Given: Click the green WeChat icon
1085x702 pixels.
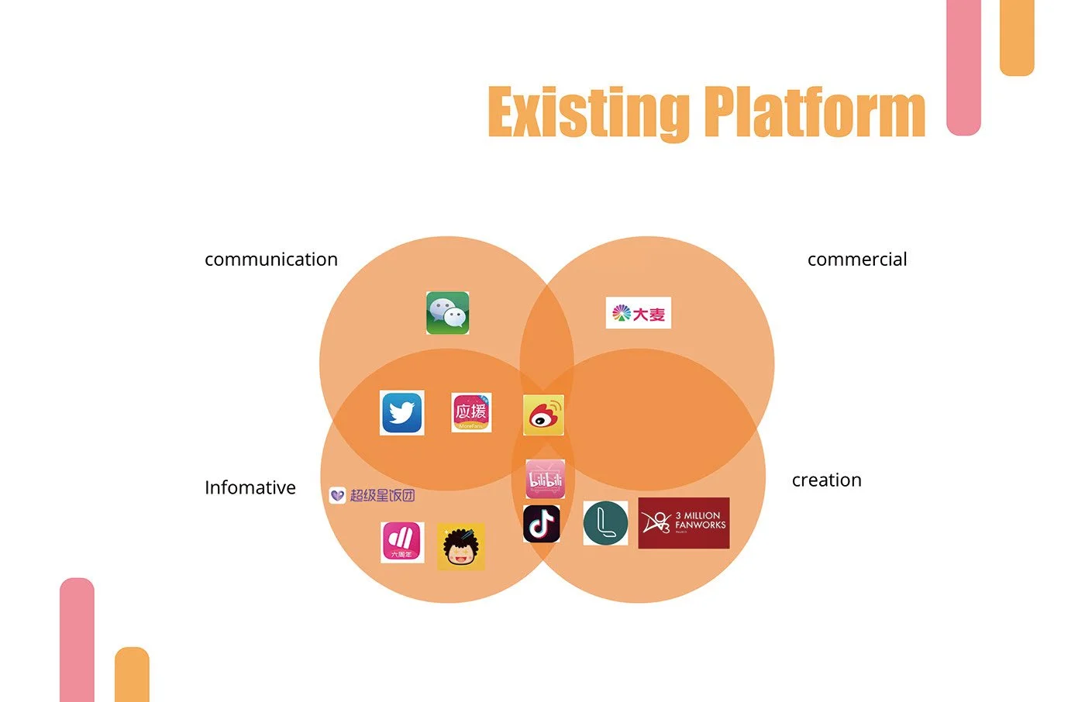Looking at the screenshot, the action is (448, 313).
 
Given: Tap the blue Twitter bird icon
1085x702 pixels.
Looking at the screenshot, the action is (402, 412).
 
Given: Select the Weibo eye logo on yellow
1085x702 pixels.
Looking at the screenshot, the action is (543, 415).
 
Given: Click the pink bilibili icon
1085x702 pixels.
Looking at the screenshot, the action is (545, 479).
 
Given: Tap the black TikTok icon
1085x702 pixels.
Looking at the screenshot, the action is (541, 524).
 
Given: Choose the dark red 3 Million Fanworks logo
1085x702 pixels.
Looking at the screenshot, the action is (684, 523).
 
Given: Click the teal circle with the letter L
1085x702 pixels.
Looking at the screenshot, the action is (605, 522).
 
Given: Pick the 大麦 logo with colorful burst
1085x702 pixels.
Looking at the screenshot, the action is (638, 313).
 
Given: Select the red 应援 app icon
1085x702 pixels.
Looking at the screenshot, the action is (471, 412).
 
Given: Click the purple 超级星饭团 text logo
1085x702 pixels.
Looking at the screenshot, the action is (373, 495).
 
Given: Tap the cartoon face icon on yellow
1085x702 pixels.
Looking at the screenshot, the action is (461, 546).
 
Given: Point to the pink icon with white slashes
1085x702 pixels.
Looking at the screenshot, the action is (402, 542).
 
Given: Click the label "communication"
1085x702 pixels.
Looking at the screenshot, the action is (271, 260).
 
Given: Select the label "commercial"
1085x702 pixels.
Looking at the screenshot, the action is (857, 260).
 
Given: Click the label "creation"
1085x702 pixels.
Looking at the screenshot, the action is (826, 480).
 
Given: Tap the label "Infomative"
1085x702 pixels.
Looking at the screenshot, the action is (250, 488).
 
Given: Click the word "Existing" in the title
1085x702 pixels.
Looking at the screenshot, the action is (589, 113).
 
